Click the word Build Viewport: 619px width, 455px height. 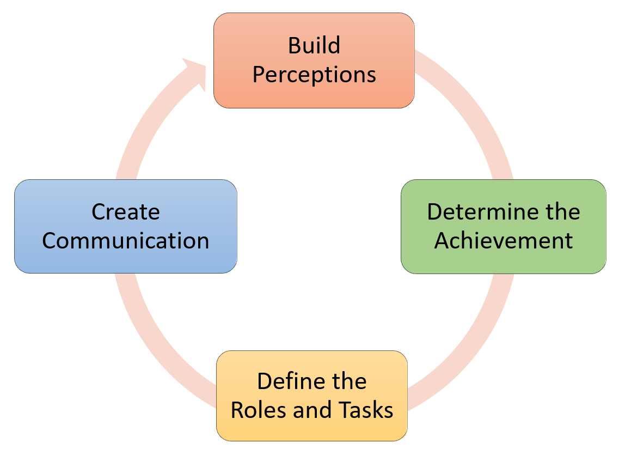pyautogui.click(x=314, y=46)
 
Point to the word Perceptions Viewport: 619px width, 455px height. pyautogui.click(x=314, y=75)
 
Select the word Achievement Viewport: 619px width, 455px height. pyautogui.click(x=503, y=240)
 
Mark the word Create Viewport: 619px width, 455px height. pyautogui.click(x=125, y=211)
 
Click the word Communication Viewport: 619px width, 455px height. pyautogui.click(x=125, y=240)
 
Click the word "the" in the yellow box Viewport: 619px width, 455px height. pyautogui.click(x=346, y=381)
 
